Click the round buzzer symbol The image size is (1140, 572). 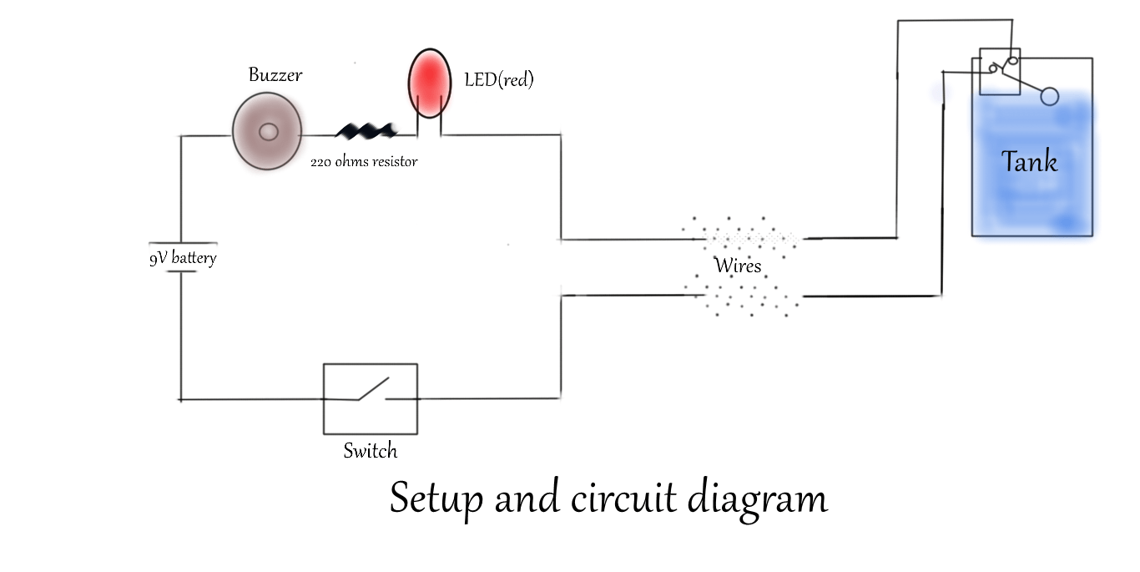tap(267, 132)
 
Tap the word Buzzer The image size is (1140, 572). tap(275, 75)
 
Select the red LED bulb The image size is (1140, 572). tap(429, 84)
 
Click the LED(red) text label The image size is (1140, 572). tap(498, 80)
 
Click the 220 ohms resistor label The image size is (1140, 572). tap(364, 161)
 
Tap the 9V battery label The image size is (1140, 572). tap(183, 258)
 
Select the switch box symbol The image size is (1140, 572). tap(371, 398)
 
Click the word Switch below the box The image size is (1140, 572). tap(370, 451)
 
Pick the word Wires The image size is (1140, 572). tap(738, 266)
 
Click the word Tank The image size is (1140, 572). tap(1029, 161)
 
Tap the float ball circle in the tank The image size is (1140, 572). tap(1050, 97)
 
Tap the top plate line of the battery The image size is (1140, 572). tap(181, 246)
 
